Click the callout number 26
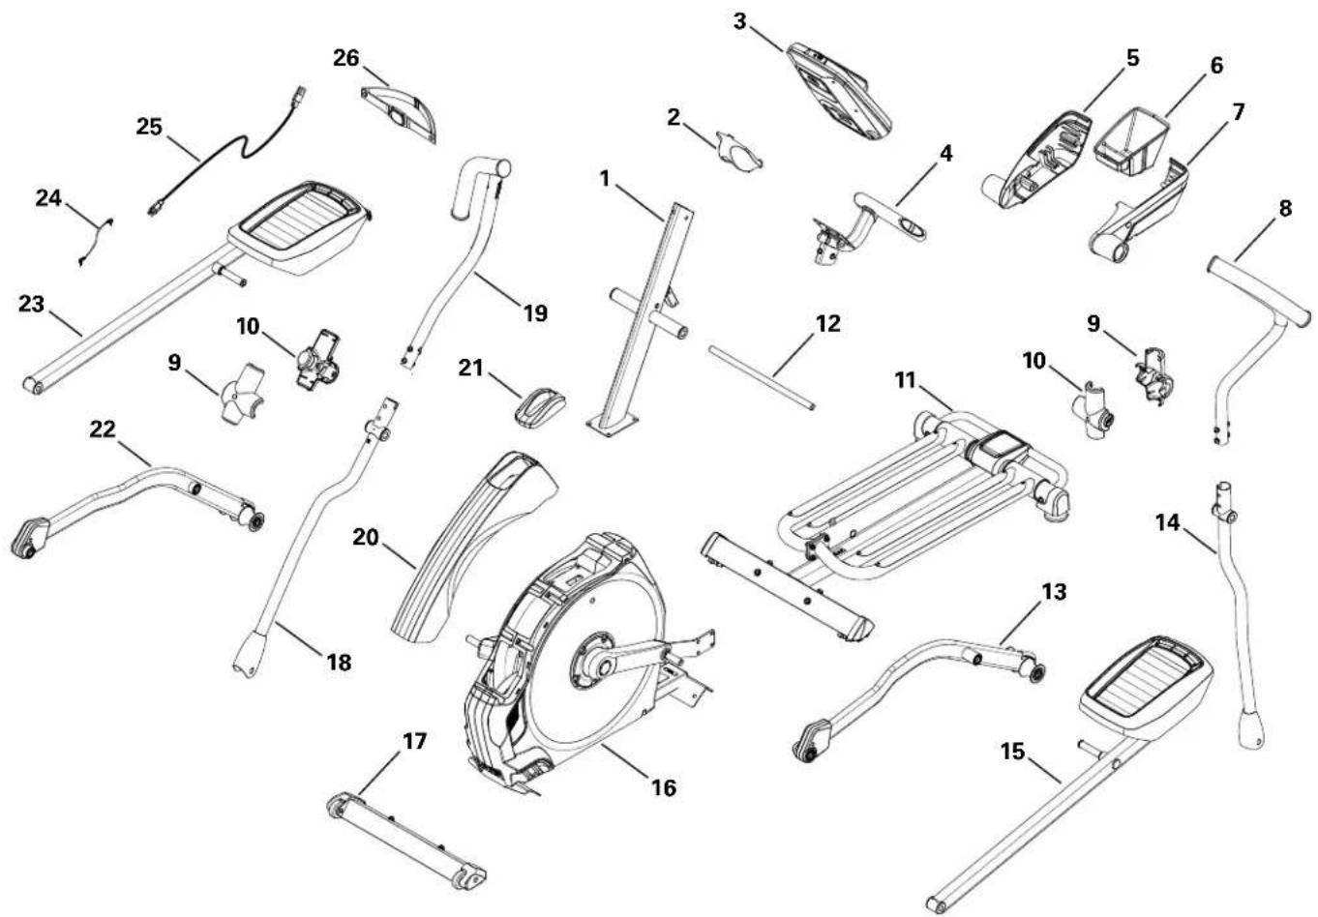(345, 59)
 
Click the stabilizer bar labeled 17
(406, 834)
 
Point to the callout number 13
(1053, 590)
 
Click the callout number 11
(905, 380)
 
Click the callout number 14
(1168, 522)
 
